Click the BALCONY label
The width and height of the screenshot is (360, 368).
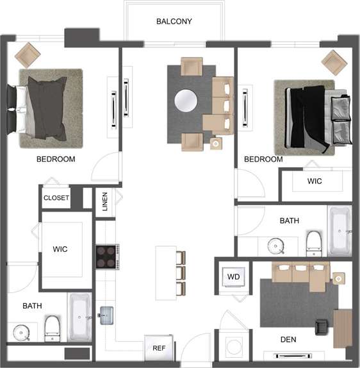[x=174, y=21]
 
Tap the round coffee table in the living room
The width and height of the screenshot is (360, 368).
[x=186, y=101]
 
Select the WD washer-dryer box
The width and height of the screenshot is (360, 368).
[x=233, y=277]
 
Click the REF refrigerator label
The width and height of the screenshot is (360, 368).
[x=159, y=349]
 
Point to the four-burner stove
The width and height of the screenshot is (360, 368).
[x=108, y=256]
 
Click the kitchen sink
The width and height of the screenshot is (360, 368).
[x=106, y=314]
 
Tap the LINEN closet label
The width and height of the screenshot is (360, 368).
[x=105, y=203]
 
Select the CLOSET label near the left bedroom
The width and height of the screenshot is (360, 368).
[x=56, y=198]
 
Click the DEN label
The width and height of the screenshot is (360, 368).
[x=288, y=339]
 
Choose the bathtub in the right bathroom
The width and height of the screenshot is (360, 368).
[x=339, y=230]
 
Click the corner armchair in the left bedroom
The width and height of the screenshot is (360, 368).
[x=28, y=54]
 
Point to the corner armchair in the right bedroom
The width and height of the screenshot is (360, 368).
[x=334, y=62]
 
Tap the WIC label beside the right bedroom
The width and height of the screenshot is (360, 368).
[x=315, y=181]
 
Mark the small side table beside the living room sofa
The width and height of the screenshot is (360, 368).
[x=215, y=144]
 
